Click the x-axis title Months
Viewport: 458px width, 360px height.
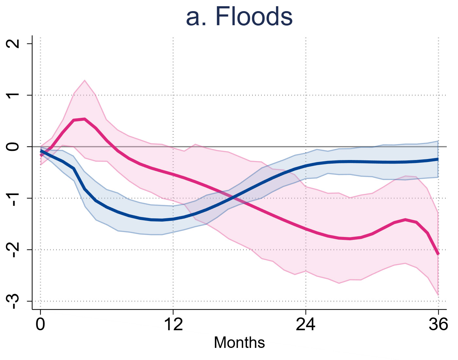tap(239, 343)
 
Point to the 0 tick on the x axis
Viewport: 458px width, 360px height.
tap(40, 324)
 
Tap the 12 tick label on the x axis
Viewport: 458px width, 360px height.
tap(173, 324)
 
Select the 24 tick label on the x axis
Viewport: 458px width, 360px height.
tap(306, 324)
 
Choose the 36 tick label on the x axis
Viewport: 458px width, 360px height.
tap(438, 324)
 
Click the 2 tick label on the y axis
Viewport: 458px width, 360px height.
tap(13, 44)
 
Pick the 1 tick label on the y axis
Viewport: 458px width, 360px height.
tap(13, 95)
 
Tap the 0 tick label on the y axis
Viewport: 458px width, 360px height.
tap(13, 147)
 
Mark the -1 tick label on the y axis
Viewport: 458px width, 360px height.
tap(13, 198)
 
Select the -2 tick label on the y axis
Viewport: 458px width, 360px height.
tap(13, 249)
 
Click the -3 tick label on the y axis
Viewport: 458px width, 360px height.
tap(13, 301)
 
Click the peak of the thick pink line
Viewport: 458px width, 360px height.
tap(84, 119)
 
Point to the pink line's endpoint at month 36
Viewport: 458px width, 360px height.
tap(438, 254)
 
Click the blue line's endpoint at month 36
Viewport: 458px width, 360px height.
tap(438, 159)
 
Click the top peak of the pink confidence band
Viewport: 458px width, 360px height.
tap(85, 80)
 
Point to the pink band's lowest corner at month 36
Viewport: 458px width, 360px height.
tap(438, 295)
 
